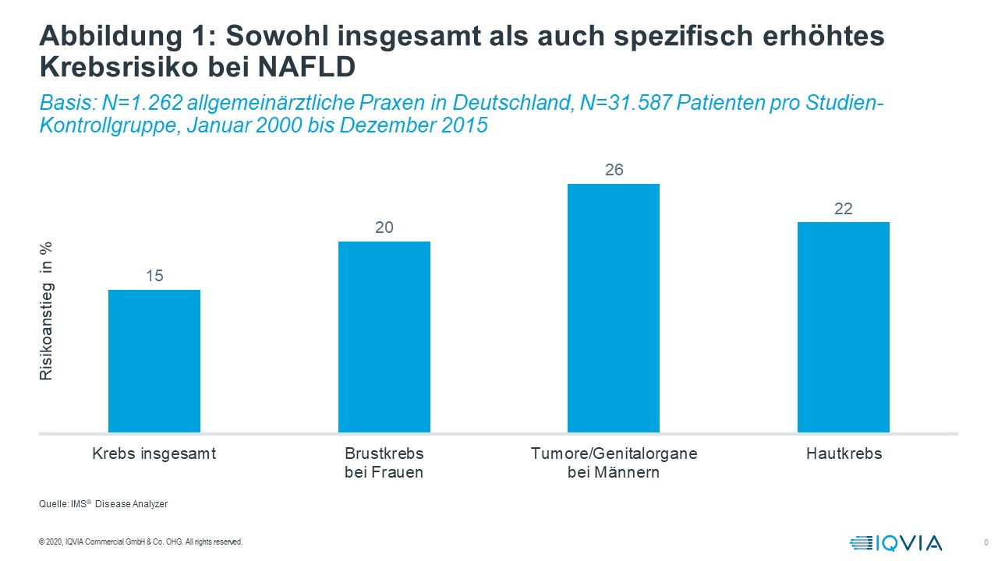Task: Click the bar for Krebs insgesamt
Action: tap(154, 361)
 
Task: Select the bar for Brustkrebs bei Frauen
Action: tap(384, 337)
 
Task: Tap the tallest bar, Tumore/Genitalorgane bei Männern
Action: tap(614, 308)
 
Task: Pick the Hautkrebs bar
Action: tap(843, 327)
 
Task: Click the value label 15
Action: tap(154, 276)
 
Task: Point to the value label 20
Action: tap(384, 228)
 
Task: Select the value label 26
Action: tap(614, 170)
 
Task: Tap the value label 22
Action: tap(843, 209)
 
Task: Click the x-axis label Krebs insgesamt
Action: tap(154, 453)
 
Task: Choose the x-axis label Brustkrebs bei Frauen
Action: tap(384, 463)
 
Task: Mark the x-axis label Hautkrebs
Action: tap(844, 453)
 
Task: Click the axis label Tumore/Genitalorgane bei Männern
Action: tap(614, 463)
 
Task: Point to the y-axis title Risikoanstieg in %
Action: tap(47, 311)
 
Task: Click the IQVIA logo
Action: tap(896, 542)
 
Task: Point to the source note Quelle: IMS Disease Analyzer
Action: tap(103, 504)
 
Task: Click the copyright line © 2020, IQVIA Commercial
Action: tap(140, 542)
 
